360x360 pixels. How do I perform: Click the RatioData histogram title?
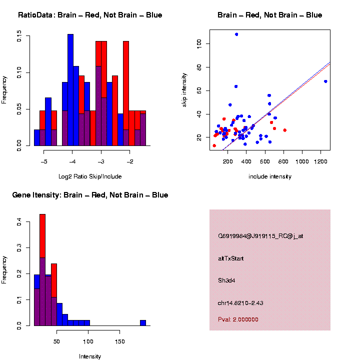(x=90, y=15)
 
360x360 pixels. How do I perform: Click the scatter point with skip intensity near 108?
(x=236, y=34)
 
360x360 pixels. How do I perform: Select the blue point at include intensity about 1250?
(x=325, y=81)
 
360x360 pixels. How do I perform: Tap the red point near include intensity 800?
(x=284, y=130)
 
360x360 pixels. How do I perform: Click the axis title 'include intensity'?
(x=270, y=176)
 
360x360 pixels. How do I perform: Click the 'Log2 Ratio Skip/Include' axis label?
(x=90, y=176)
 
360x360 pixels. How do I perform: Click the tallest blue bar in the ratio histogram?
(x=70, y=90)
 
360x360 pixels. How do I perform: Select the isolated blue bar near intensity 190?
(x=143, y=323)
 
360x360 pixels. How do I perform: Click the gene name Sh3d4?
(x=226, y=280)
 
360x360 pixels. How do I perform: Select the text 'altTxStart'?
(x=231, y=258)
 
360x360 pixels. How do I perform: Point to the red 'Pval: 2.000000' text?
(x=238, y=319)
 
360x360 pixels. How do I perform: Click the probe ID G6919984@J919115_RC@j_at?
(x=260, y=236)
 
